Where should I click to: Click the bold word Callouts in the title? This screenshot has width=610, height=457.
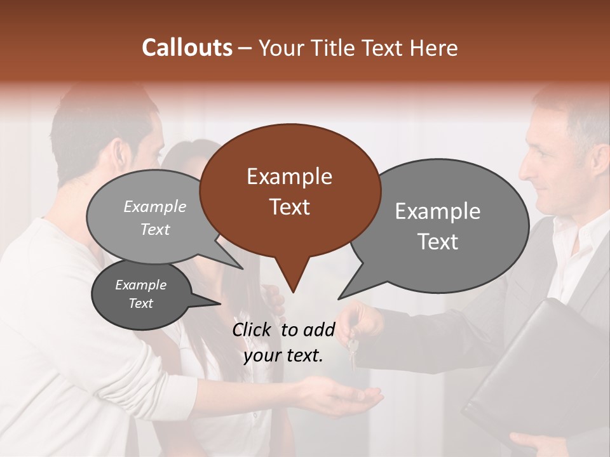pos(187,48)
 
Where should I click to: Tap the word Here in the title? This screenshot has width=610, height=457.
pos(435,48)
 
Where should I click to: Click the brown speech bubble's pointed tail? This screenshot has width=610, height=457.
pos(292,282)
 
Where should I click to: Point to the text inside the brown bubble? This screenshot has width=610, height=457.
pos(289,192)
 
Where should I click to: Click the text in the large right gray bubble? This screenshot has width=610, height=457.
pos(438,226)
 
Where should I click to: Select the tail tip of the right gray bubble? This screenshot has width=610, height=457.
pos(341,297)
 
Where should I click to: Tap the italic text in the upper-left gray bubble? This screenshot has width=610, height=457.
pos(155,218)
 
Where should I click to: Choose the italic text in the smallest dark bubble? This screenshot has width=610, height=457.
pos(140,294)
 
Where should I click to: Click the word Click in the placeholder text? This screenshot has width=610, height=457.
pos(254,329)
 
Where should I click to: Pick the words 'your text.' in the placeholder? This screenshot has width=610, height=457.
pos(283,355)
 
